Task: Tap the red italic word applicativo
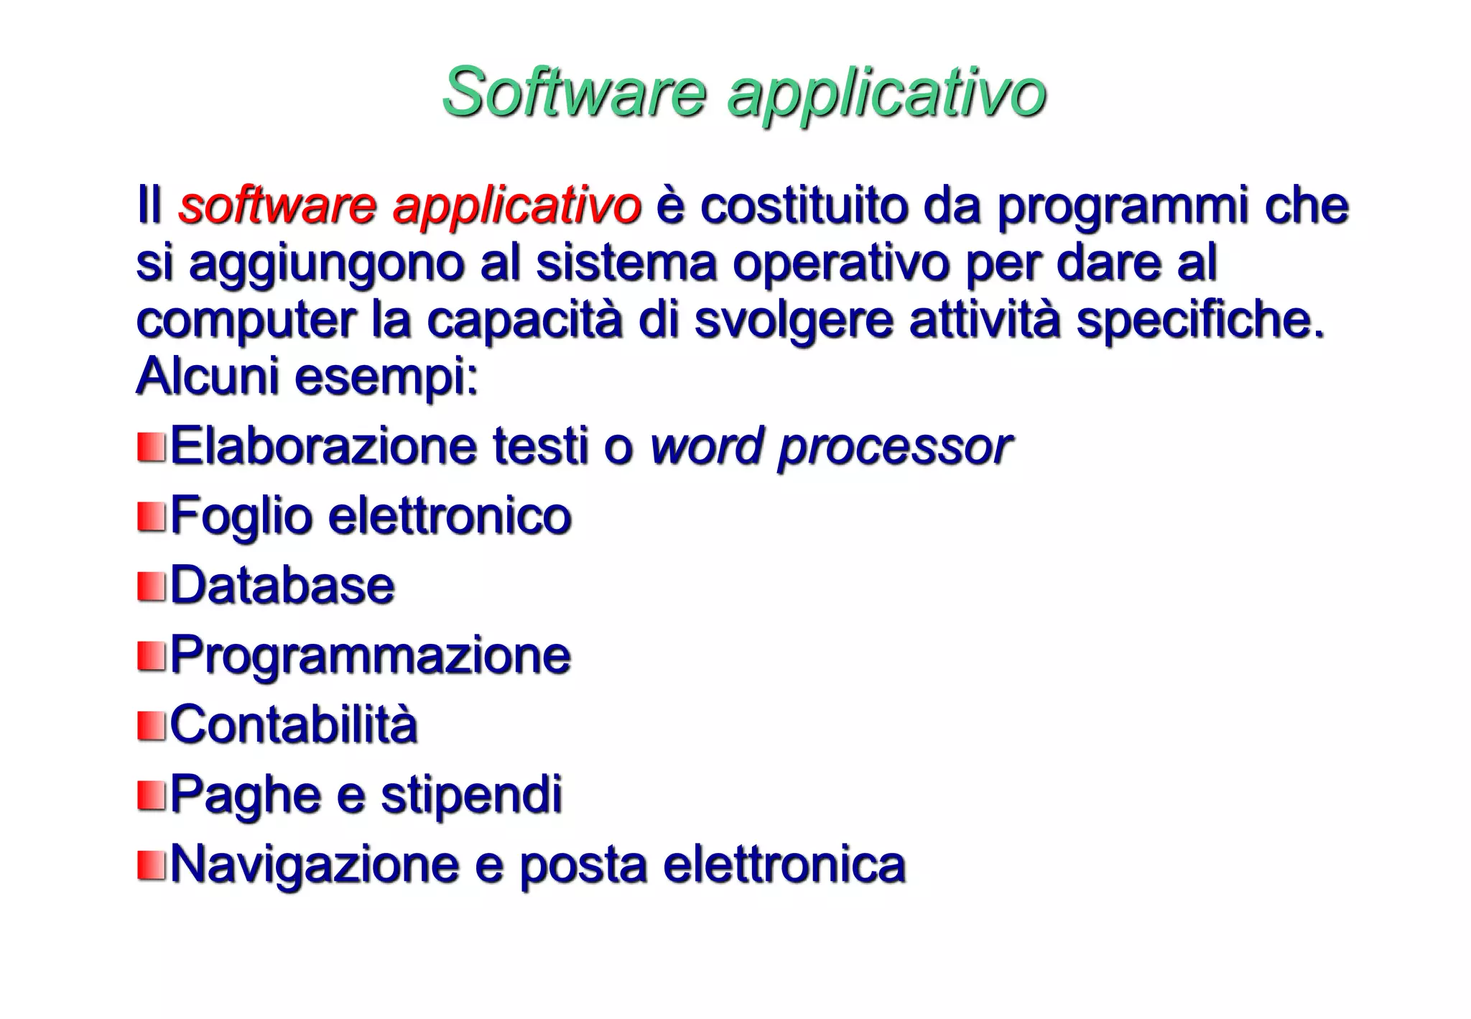click(x=516, y=207)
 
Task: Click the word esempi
click(x=386, y=377)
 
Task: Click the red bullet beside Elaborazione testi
click(x=151, y=447)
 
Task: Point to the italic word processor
click(x=895, y=447)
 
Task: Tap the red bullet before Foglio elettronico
click(x=151, y=517)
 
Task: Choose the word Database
click(x=282, y=586)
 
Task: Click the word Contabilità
click(x=294, y=724)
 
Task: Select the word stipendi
click(x=471, y=795)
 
